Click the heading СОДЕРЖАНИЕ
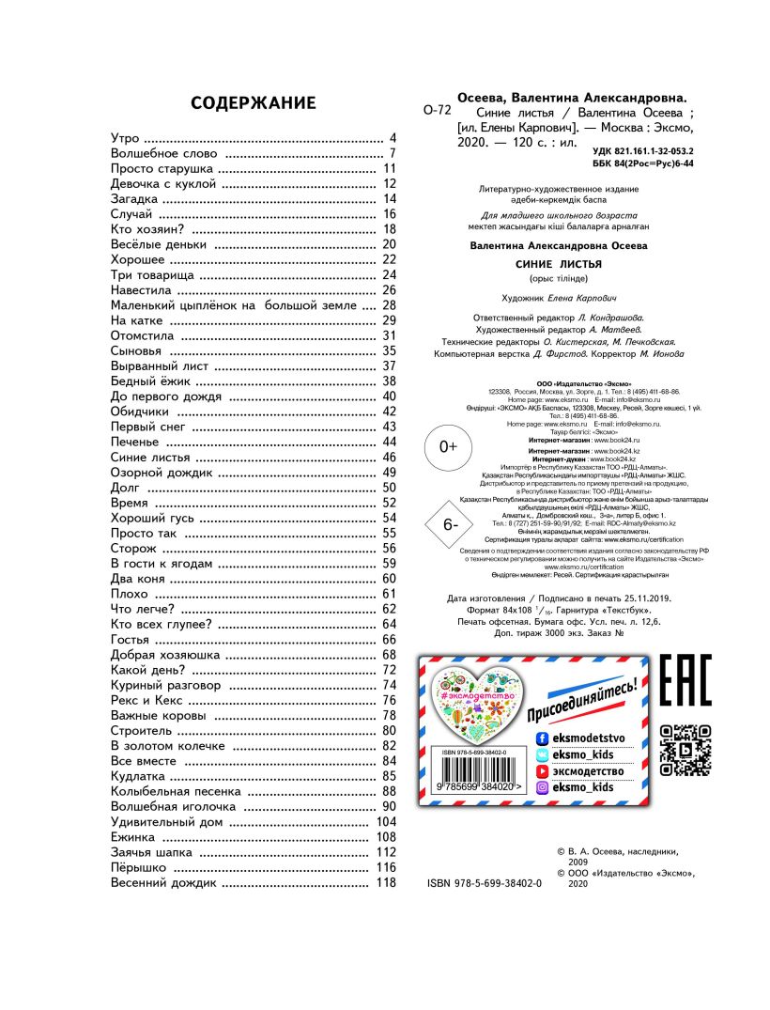(254, 103)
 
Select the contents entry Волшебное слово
(164, 152)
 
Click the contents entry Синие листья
(150, 457)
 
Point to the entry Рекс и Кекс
(147, 700)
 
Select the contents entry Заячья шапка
(151, 852)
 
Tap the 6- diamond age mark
(449, 524)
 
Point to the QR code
(685, 750)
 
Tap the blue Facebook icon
(542, 738)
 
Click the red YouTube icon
(542, 770)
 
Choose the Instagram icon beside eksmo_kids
(542, 787)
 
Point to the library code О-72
(438, 110)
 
